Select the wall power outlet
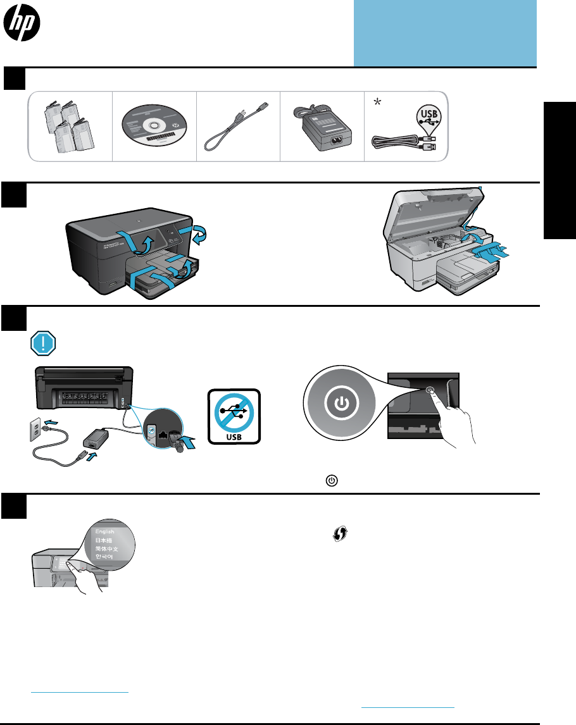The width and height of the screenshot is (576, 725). click(x=37, y=429)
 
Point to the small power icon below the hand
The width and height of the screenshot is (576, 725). click(x=329, y=481)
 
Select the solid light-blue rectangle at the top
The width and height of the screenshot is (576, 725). click(x=445, y=32)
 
